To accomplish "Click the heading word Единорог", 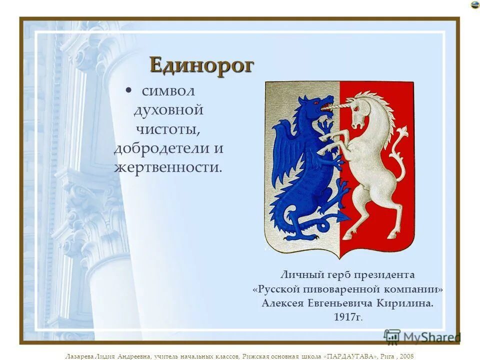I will click(201, 64).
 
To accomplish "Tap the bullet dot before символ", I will click(128, 91).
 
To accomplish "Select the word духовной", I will click(168, 109).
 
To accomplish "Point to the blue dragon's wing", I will click(286, 150).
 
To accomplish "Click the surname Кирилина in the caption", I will click(407, 303).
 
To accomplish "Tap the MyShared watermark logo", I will click(422, 337).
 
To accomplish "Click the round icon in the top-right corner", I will click(474, 5).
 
